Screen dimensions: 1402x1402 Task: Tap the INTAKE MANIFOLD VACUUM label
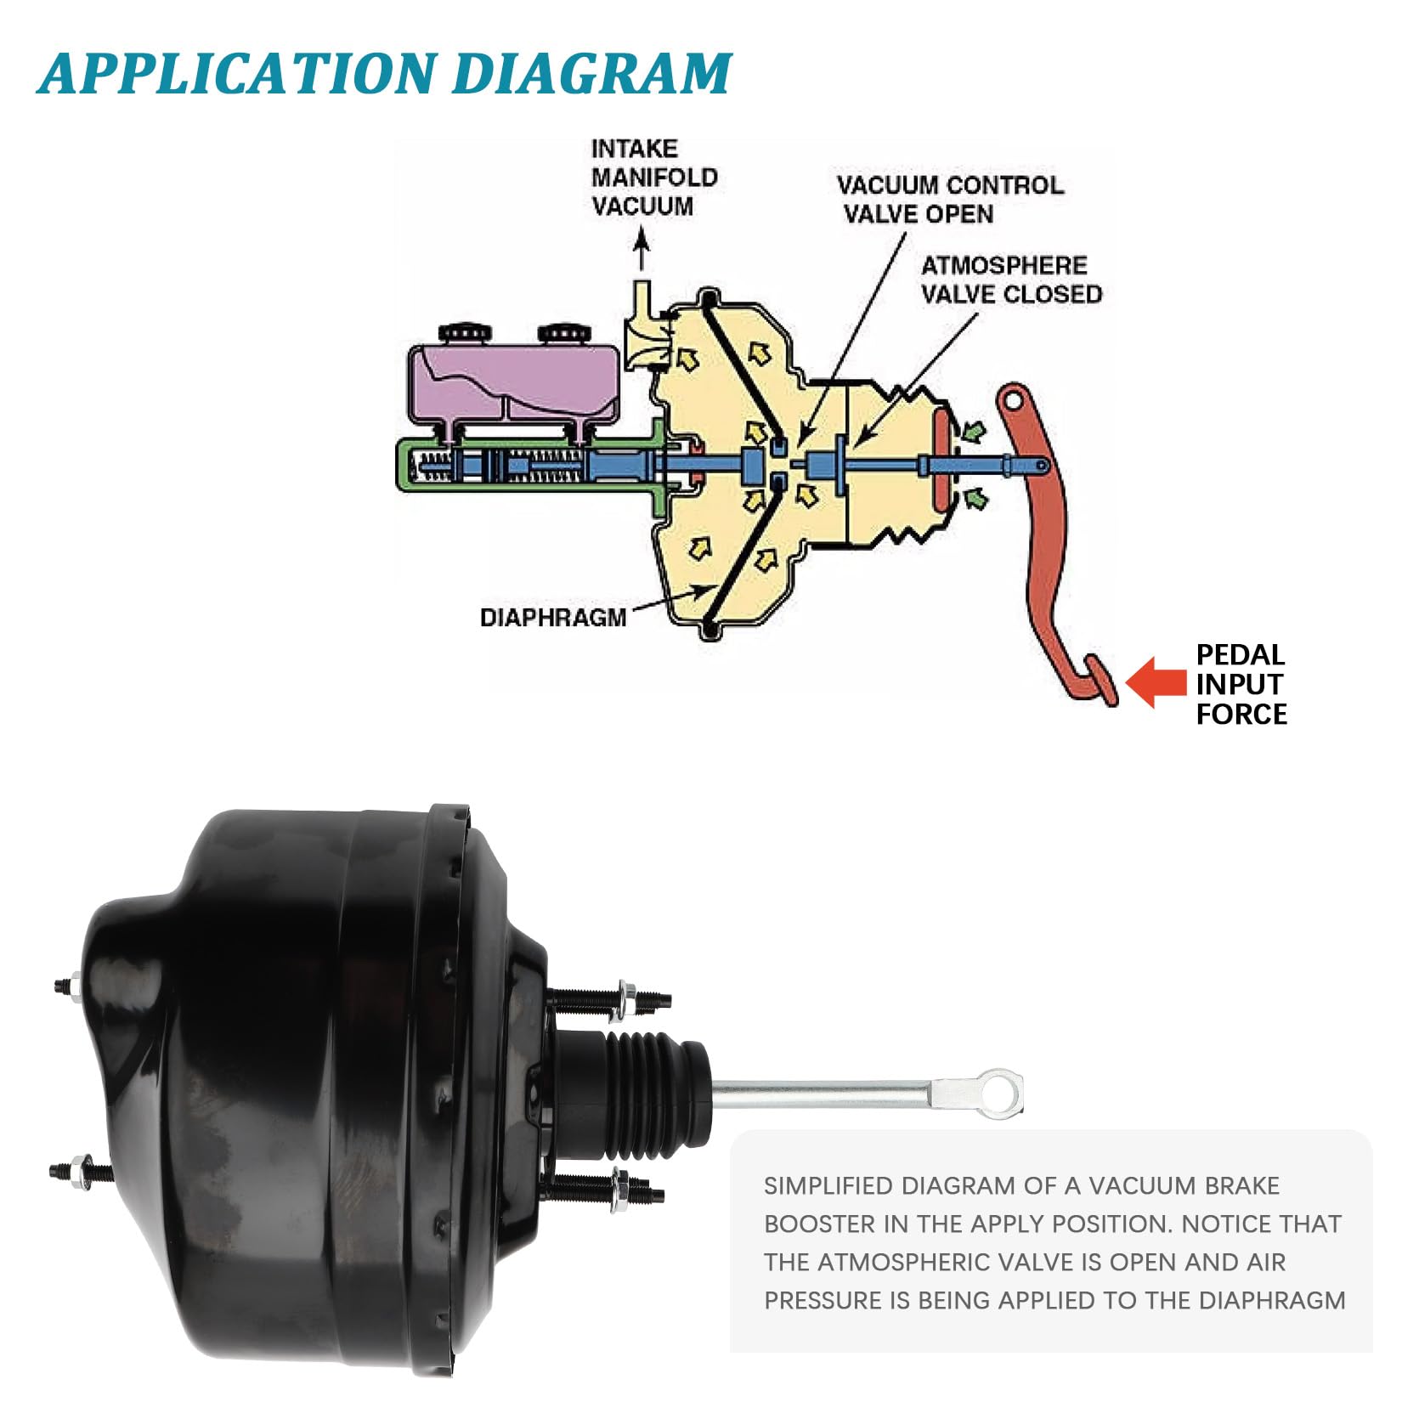[x=653, y=178]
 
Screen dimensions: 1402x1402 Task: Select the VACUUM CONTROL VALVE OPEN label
[x=949, y=200]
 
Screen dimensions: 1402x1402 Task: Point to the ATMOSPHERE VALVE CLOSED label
[x=1011, y=280]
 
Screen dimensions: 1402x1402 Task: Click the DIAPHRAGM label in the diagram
[x=552, y=617]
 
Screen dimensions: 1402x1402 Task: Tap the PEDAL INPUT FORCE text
[x=1241, y=684]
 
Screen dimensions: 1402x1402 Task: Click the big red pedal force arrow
[x=1156, y=682]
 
